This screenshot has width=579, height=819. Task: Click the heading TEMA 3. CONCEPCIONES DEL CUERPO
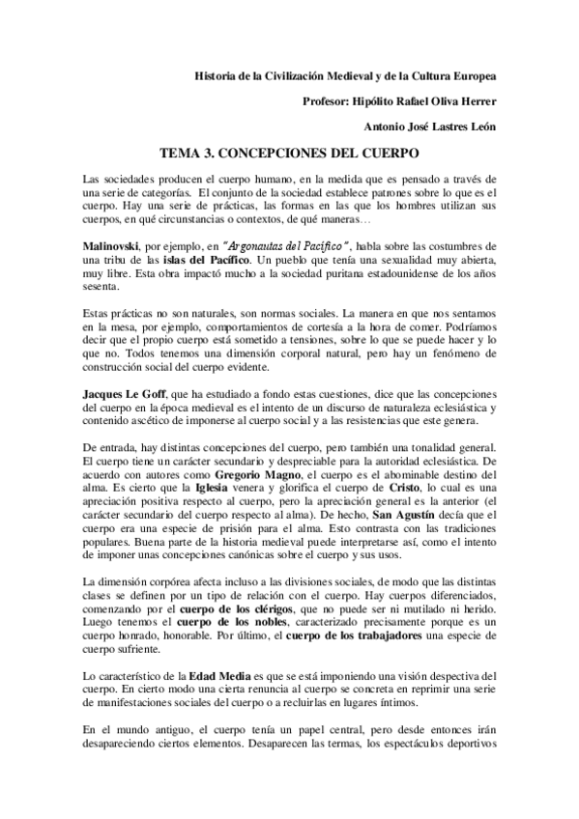coord(289,153)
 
